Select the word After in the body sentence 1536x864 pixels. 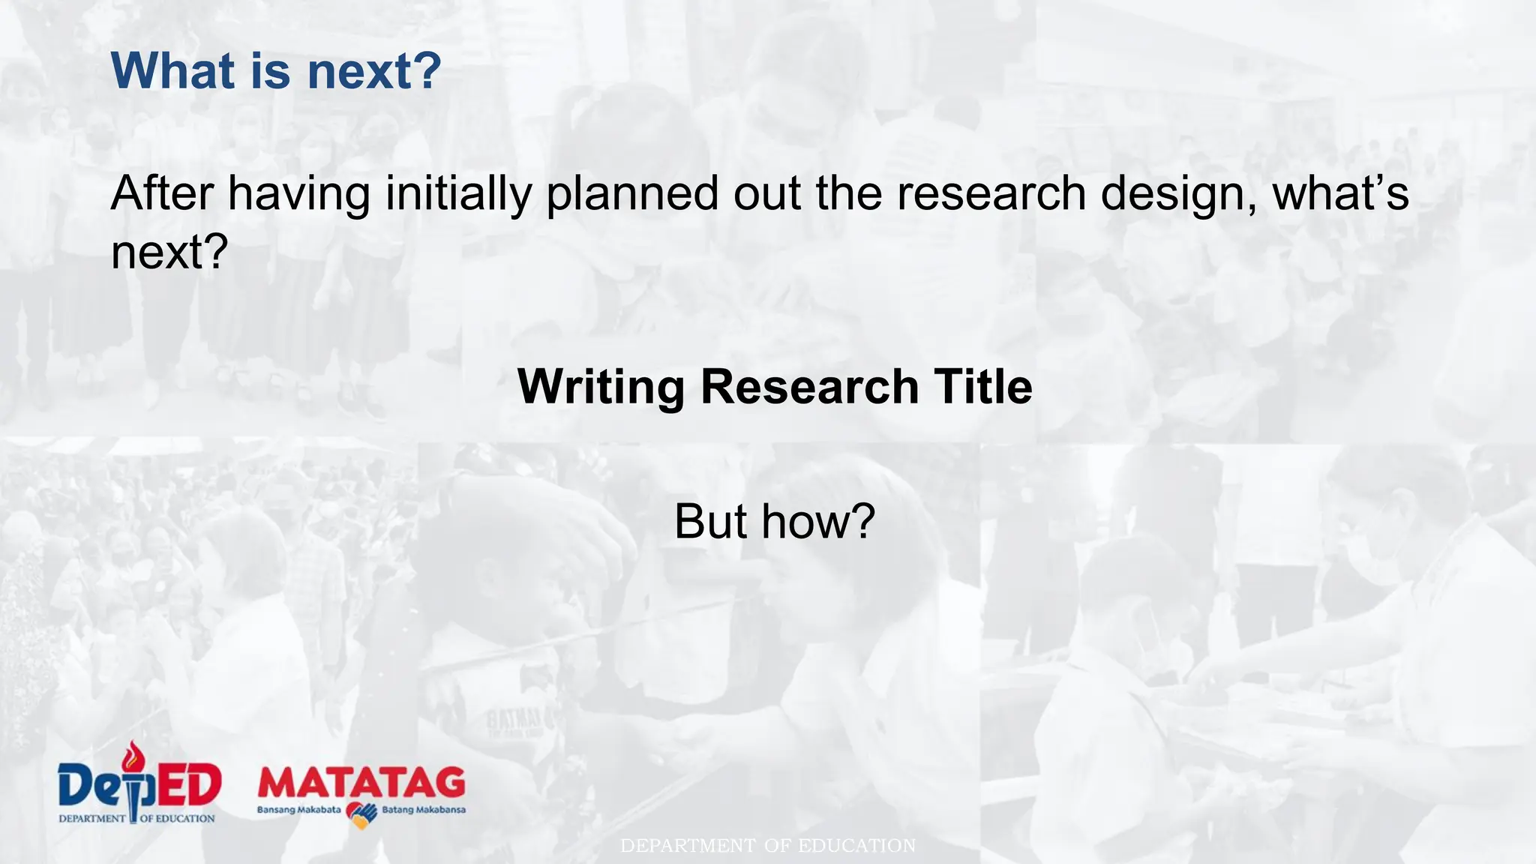coord(162,193)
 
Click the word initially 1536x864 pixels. coord(458,193)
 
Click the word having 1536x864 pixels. coord(298,194)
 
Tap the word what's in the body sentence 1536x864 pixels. coord(1341,193)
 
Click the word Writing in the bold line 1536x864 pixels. coord(601,387)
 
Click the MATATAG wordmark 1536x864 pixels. coord(361,783)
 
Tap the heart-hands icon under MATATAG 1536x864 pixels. coord(361,815)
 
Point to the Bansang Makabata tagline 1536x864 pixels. coord(298,810)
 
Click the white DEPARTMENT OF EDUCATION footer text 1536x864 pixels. coord(768,846)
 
